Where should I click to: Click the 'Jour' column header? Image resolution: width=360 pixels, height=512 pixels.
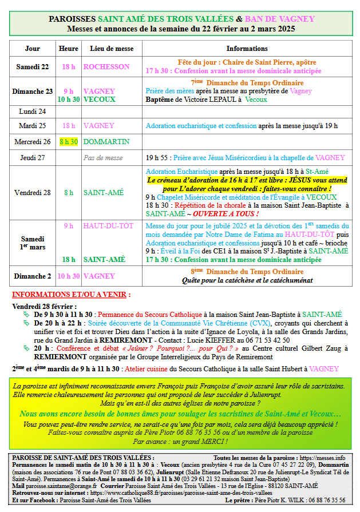pos(33,49)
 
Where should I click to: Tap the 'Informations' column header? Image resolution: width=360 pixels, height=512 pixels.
pos(247,49)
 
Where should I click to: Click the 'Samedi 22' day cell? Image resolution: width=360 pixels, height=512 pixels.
pos(33,66)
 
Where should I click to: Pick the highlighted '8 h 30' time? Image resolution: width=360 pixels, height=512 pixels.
pos(69,141)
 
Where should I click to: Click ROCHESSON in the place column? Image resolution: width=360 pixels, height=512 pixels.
pos(106,66)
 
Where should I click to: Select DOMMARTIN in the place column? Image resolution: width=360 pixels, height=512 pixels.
pos(106,141)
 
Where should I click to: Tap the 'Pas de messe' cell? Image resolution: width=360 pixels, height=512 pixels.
pos(103,158)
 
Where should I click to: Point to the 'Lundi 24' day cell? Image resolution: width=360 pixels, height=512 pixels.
pos(33,111)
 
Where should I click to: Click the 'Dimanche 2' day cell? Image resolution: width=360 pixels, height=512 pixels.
pos(33,276)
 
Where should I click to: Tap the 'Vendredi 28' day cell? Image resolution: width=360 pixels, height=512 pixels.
pos(33,193)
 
